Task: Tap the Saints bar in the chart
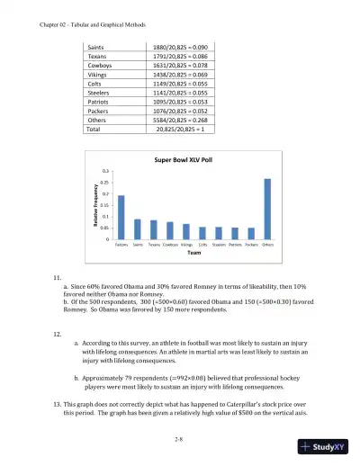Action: [x=138, y=229]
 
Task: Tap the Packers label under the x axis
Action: [x=251, y=244]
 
